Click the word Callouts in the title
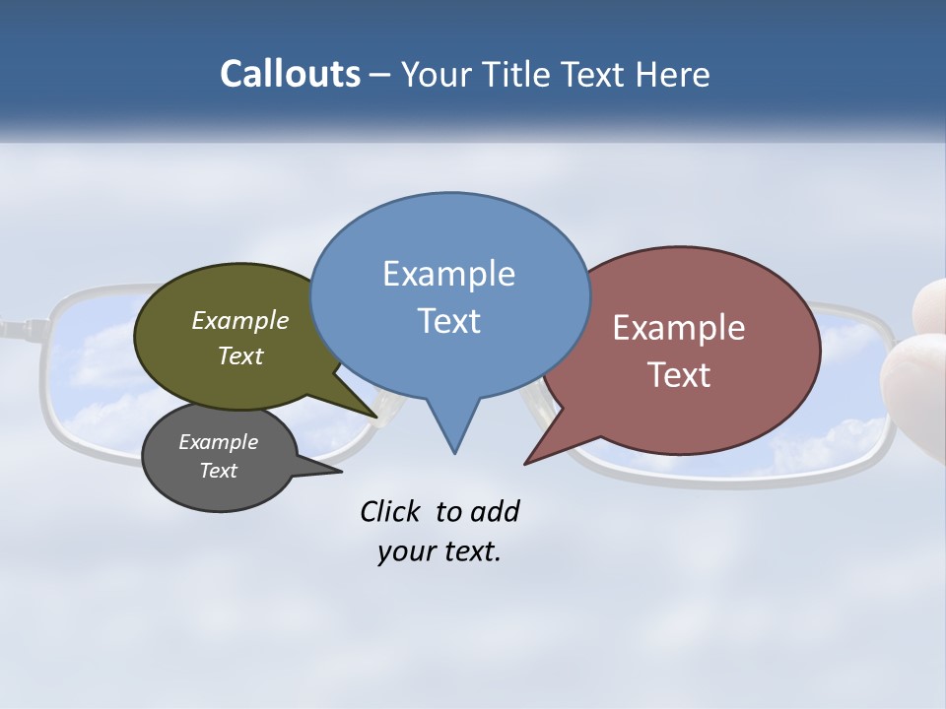pos(290,74)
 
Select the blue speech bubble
pos(449,295)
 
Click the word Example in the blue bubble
pos(448,274)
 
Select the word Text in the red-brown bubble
pos(679,375)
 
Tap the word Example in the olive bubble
pos(240,320)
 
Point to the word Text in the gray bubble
pos(219,471)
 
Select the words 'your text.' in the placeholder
pos(439,551)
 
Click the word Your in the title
pos(439,74)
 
